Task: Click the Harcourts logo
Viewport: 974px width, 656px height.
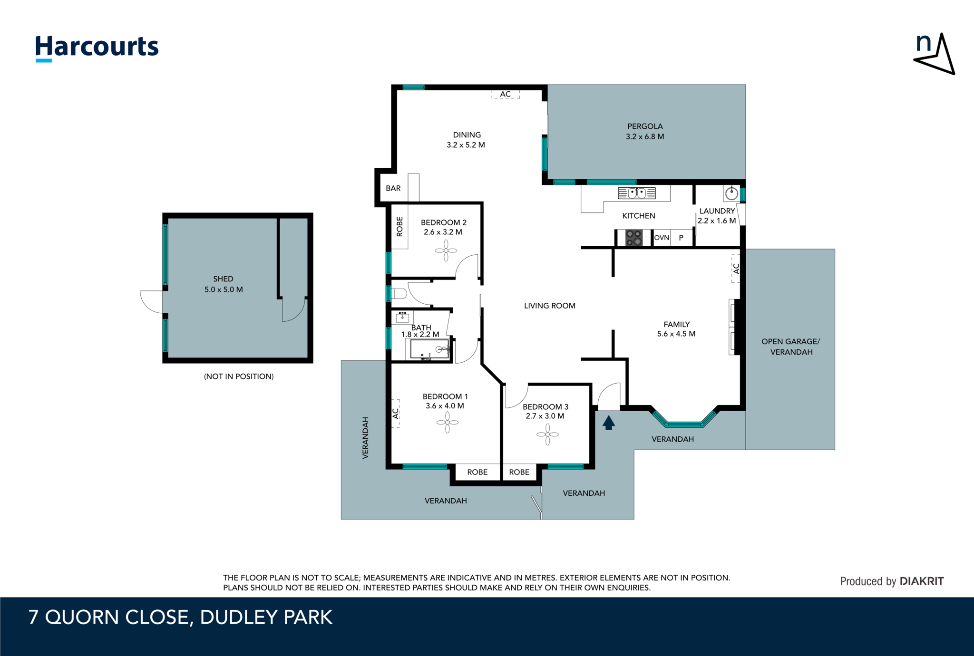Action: click(97, 48)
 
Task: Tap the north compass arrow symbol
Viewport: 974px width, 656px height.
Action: click(935, 55)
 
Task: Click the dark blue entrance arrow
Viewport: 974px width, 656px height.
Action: click(608, 423)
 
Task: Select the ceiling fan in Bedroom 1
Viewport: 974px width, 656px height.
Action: click(448, 423)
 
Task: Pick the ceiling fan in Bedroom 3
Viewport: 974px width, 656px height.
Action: click(547, 434)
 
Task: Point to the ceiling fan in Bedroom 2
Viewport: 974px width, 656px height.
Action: click(446, 251)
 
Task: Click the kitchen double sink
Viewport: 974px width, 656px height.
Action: click(636, 193)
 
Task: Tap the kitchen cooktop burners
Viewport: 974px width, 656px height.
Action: click(633, 238)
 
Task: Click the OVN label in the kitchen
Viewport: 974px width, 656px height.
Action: click(662, 238)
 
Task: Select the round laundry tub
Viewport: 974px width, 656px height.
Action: click(731, 193)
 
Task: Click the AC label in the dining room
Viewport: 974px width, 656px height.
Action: click(505, 94)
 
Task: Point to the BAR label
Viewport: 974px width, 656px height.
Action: click(393, 188)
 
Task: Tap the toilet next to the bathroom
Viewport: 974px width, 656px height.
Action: click(399, 294)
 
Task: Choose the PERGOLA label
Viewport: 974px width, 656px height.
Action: click(645, 126)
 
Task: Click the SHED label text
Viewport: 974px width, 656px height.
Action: click(223, 279)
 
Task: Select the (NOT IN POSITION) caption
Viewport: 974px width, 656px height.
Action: click(239, 376)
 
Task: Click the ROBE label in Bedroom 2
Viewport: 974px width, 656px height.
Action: click(399, 227)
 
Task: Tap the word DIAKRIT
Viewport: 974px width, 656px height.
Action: click(922, 581)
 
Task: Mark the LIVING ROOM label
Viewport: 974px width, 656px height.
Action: click(549, 306)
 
